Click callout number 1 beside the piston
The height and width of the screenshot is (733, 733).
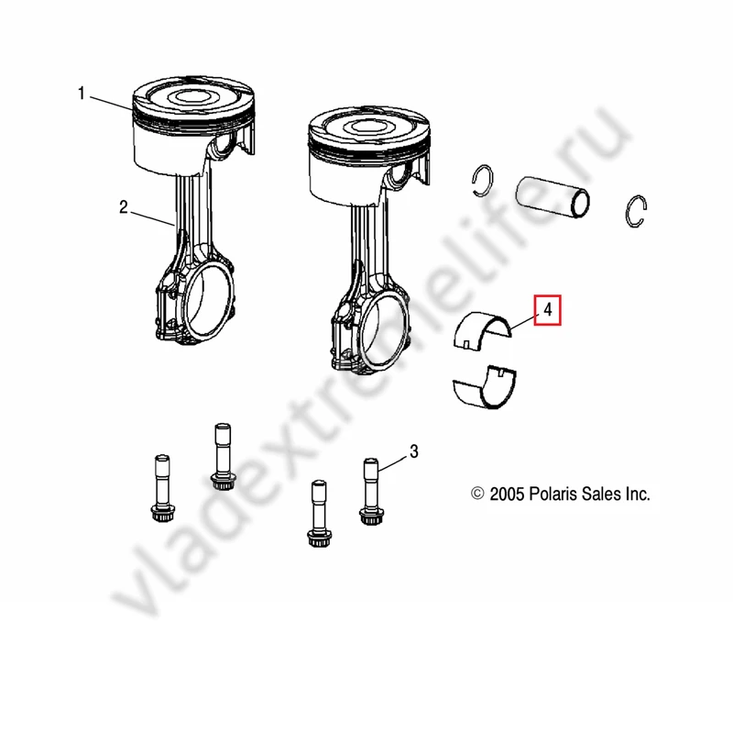(82, 94)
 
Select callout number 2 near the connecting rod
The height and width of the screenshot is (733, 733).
(124, 207)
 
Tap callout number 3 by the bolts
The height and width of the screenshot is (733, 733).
(414, 451)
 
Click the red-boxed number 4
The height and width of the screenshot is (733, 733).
(547, 310)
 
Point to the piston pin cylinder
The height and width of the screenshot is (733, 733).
(552, 197)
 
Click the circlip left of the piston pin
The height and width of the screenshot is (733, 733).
(482, 180)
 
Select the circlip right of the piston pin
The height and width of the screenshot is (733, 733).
(636, 211)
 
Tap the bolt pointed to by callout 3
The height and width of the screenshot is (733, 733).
(371, 492)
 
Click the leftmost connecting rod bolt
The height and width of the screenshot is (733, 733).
(162, 488)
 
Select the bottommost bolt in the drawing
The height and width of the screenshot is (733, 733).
(319, 513)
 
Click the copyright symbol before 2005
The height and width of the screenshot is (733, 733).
(477, 494)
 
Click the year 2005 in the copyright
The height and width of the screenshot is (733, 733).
(507, 494)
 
